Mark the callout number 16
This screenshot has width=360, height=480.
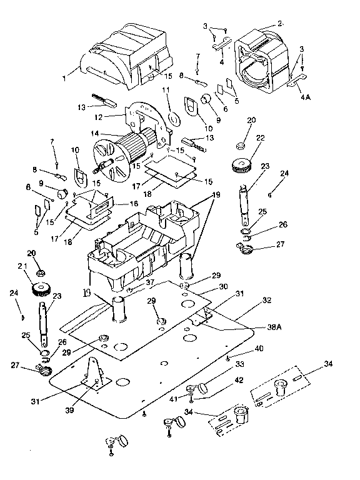point(134,203)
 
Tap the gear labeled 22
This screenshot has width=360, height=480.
point(241,165)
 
